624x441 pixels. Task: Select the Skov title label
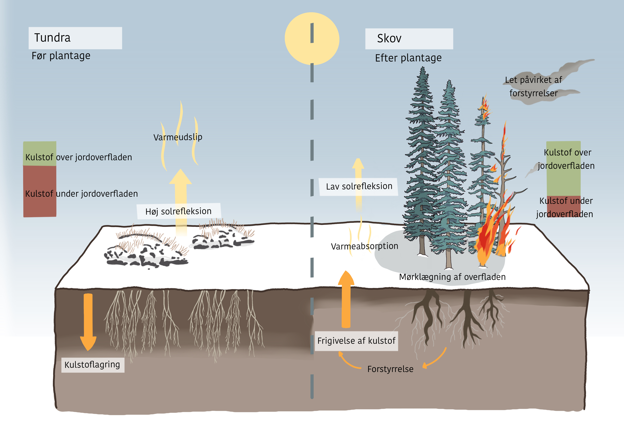[409, 39]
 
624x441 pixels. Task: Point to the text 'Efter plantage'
[408, 58]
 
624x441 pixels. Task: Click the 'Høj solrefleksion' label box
[179, 211]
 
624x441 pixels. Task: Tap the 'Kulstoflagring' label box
[92, 365]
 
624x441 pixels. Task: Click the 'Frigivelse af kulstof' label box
[356, 341]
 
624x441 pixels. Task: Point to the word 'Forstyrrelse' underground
[390, 369]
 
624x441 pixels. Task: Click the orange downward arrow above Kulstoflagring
[88, 321]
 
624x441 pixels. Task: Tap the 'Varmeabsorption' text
[364, 246]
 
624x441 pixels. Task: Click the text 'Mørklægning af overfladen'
[452, 277]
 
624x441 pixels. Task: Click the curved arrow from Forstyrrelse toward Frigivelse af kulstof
[348, 361]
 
